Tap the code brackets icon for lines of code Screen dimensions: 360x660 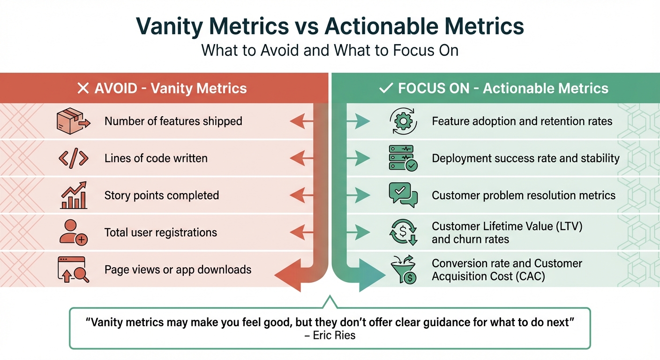73,158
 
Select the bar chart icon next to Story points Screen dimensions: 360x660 74,195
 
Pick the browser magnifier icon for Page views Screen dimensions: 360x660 73,270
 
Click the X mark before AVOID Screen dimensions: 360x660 83,88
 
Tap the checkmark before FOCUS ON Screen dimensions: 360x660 386,88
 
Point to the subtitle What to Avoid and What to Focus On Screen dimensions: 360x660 330,50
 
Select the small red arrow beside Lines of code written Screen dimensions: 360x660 301,159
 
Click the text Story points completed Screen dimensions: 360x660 162,195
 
